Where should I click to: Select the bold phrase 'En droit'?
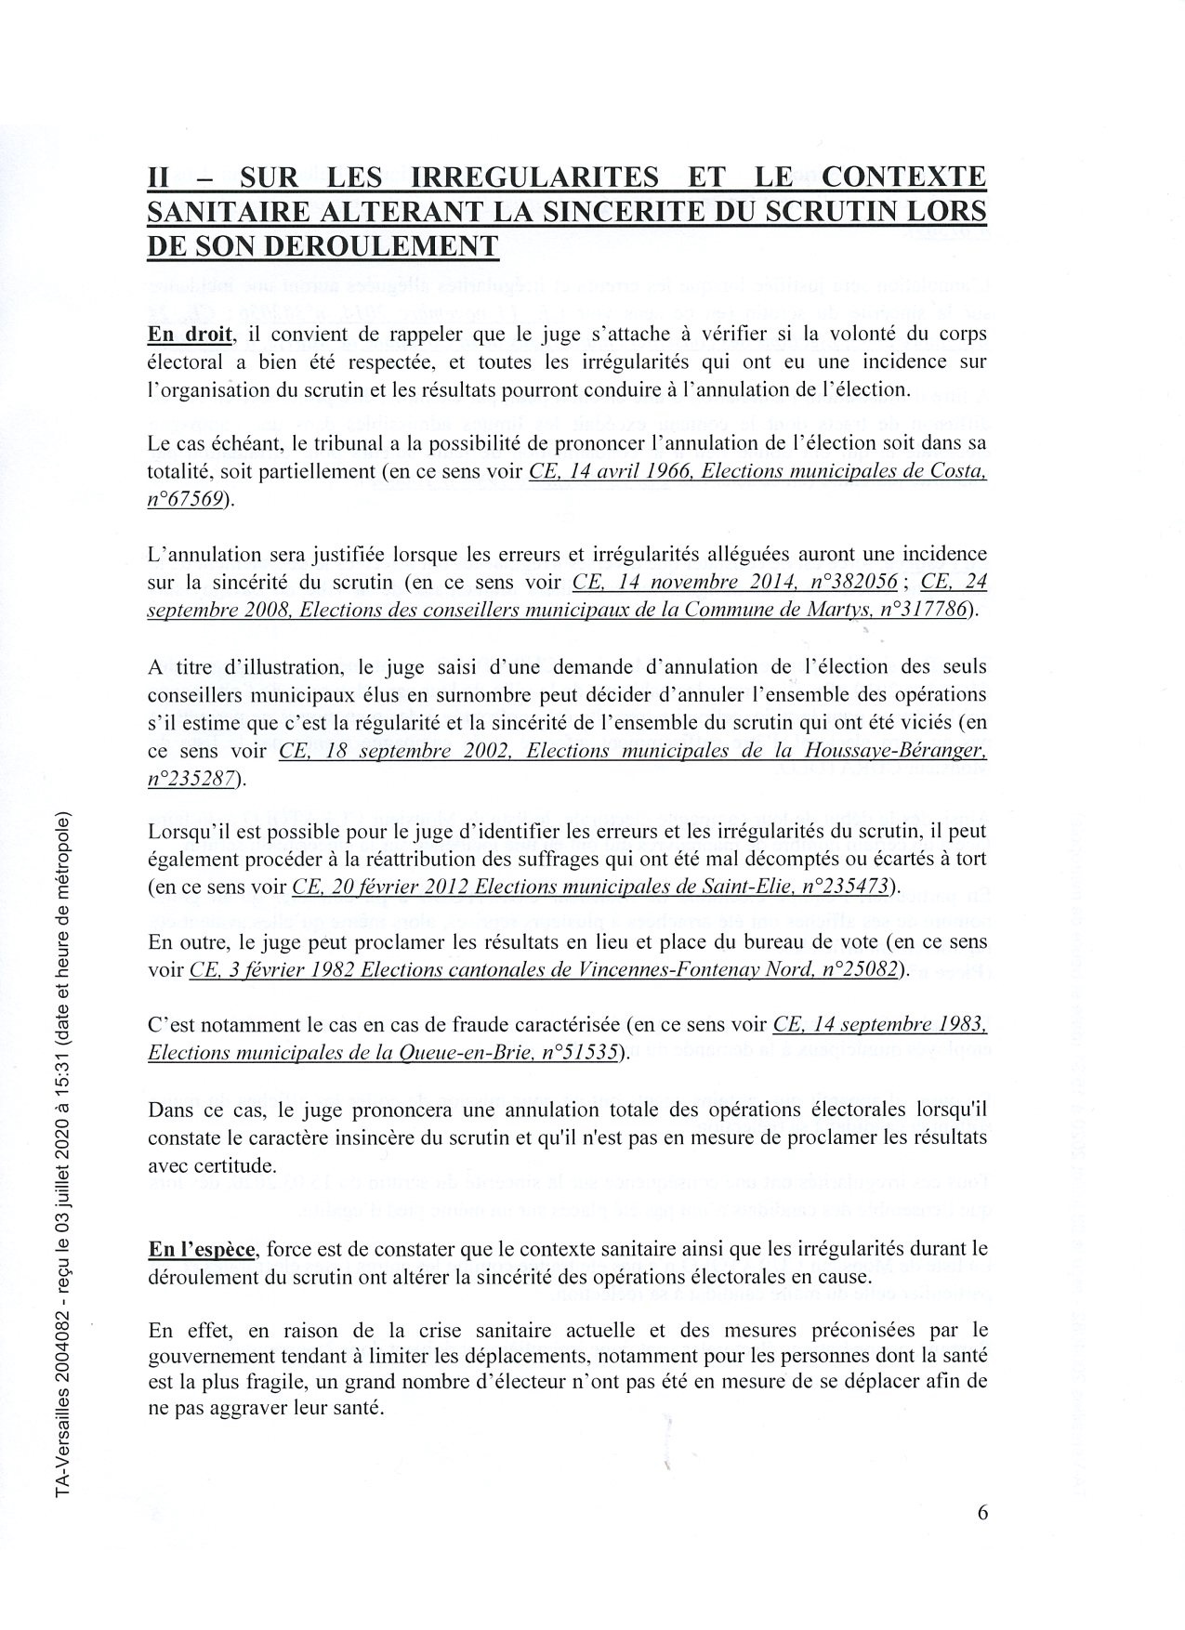(x=189, y=334)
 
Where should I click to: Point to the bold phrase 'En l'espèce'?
(x=201, y=1249)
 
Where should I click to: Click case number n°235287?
(x=191, y=779)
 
